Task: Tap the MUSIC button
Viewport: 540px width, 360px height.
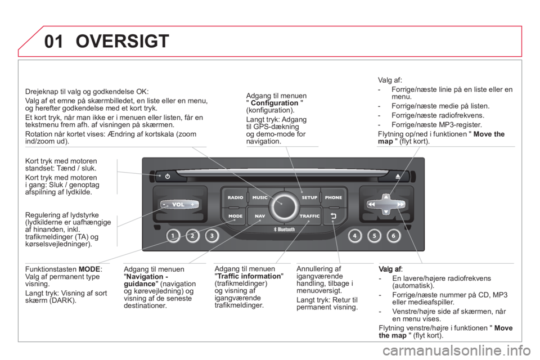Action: (260, 197)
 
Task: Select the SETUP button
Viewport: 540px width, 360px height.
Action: (309, 197)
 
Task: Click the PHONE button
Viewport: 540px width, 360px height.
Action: (334, 197)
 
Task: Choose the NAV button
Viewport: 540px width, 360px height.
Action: (260, 216)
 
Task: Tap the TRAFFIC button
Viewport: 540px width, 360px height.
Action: (309, 216)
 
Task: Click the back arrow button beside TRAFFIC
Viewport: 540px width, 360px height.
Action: (334, 216)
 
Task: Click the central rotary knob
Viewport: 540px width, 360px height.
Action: (284, 206)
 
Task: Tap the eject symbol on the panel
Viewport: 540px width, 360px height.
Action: (398, 176)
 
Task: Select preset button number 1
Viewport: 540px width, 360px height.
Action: (173, 236)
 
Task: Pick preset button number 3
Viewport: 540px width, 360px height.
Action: (212, 236)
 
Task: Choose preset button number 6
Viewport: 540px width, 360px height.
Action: (394, 236)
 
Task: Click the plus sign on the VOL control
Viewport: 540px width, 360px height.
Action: (192, 204)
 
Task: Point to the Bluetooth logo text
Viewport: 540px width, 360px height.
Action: (284, 229)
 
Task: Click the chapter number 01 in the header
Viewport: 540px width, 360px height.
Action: (54, 42)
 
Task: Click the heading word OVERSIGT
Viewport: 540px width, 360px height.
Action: (122, 41)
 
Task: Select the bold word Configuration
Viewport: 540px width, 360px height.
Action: (274, 103)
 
